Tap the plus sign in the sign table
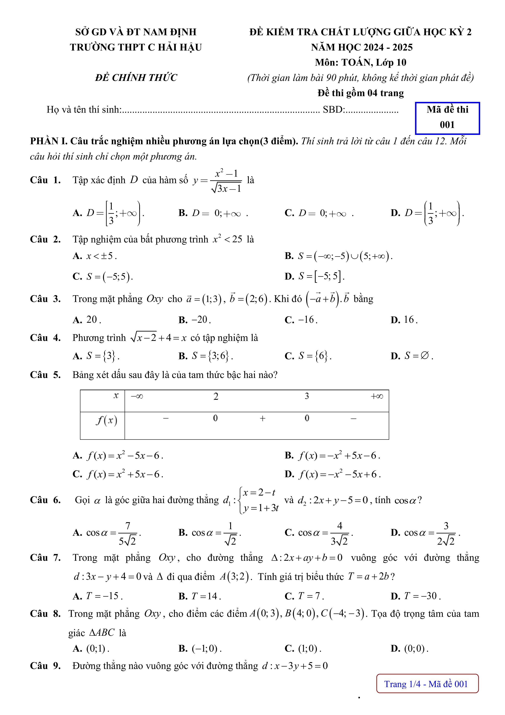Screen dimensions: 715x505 [263, 418]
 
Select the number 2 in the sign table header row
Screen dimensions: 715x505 [216, 397]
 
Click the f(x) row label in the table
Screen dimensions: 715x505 [106, 421]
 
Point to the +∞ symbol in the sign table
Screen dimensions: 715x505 [377, 397]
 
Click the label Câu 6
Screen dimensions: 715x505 [45, 500]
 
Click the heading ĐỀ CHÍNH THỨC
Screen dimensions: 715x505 [136, 78]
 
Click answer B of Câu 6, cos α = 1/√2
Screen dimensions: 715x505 [210, 534]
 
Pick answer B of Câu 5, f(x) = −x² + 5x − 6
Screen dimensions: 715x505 [332, 456]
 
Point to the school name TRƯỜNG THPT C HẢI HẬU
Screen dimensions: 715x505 [136, 47]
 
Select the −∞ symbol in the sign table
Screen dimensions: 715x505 [137, 397]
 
